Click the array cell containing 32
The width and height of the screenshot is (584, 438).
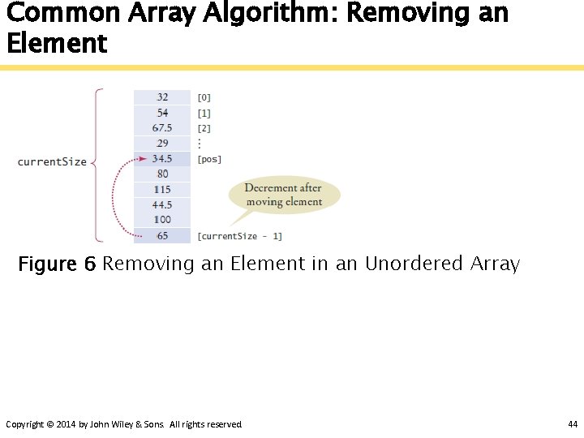pos(162,97)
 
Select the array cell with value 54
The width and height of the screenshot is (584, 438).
pos(162,113)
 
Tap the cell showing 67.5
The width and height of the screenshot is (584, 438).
pos(162,128)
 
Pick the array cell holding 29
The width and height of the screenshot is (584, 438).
pos(162,144)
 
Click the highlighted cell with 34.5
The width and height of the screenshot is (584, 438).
pos(162,159)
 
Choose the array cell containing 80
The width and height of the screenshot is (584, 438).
pos(162,174)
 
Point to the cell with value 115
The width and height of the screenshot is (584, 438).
pos(162,189)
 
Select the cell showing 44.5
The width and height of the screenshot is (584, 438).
pos(162,204)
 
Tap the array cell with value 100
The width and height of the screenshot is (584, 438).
pos(162,220)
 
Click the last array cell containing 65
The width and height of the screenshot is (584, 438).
pos(162,235)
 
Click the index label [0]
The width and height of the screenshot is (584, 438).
pos(204,97)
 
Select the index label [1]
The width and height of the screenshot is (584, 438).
pos(204,113)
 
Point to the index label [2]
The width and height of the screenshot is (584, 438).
pos(204,128)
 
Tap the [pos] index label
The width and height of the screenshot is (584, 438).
pos(209,159)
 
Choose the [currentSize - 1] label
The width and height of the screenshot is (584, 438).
pos(239,236)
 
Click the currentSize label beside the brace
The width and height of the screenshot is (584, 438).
pos(52,162)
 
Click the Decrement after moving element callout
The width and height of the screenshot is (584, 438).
pos(283,195)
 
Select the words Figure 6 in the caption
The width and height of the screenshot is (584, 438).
pos(57,264)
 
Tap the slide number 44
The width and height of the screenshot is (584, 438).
pos(573,424)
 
